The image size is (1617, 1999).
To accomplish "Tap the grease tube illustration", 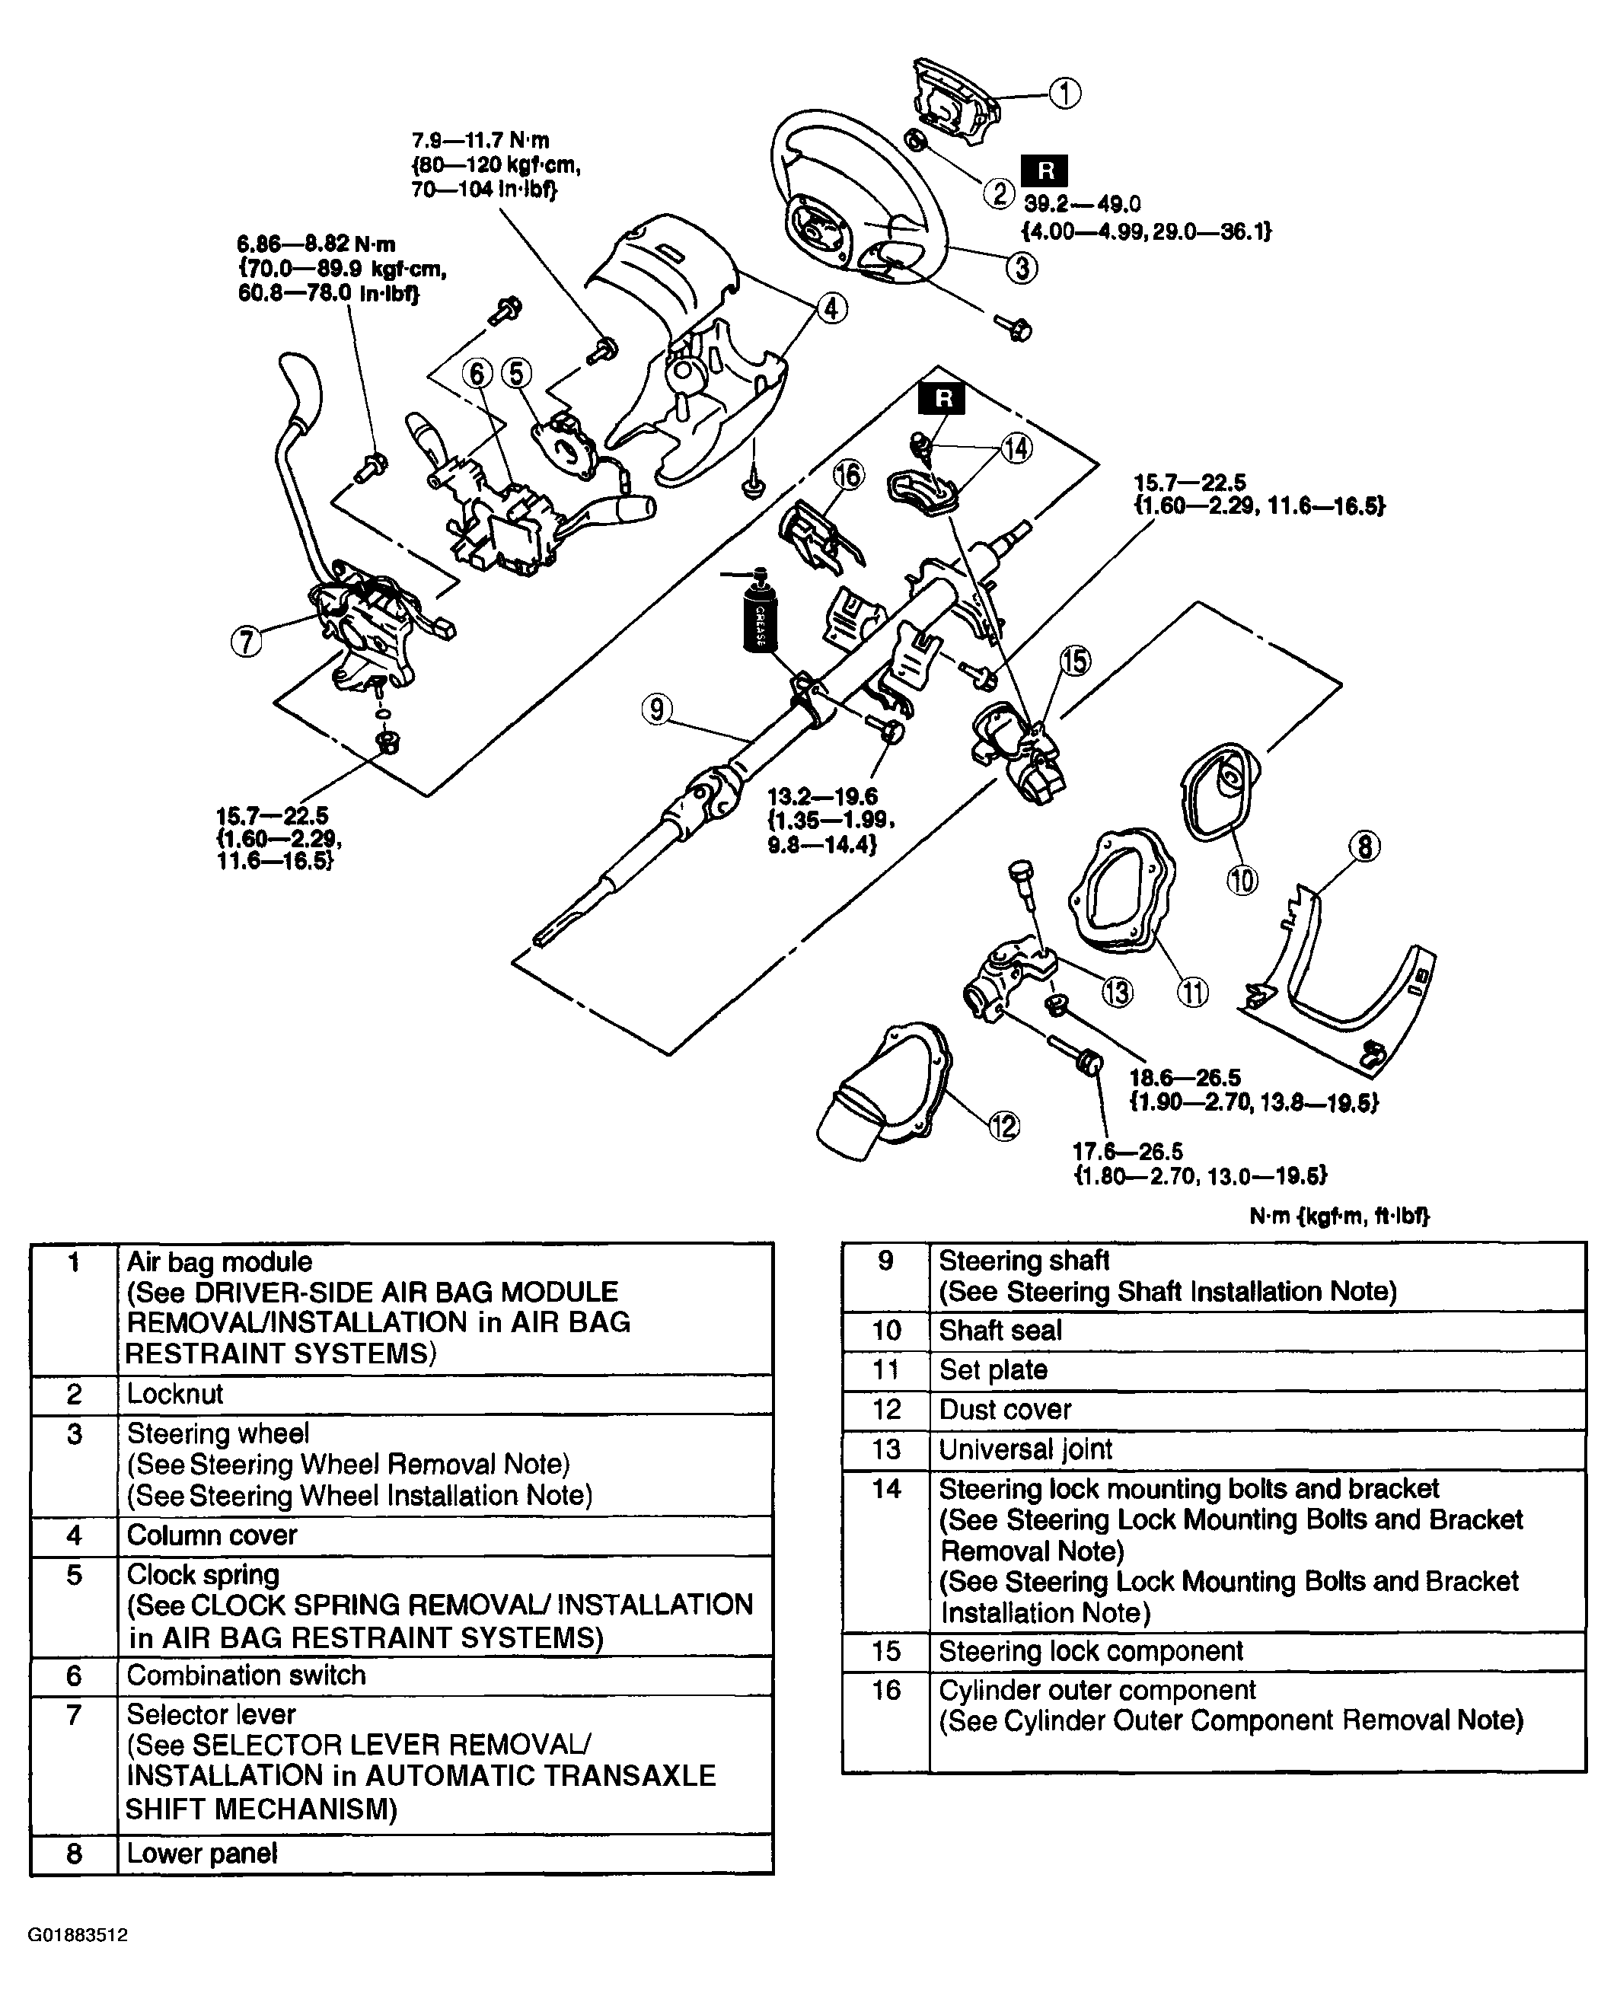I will (758, 616).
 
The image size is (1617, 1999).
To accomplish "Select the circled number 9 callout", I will (657, 709).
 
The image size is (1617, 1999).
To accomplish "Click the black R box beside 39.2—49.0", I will (1045, 171).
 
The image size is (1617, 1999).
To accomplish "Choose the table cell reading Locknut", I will (175, 1394).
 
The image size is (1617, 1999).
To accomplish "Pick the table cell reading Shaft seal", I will (1000, 1330).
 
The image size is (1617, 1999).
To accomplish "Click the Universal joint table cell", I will (1025, 1449).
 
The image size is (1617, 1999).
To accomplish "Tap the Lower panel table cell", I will (203, 1853).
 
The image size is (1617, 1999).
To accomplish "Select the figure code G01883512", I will (78, 1935).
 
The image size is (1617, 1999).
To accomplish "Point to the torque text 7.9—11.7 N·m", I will (480, 141).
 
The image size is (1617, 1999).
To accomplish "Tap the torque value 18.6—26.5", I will (1185, 1078).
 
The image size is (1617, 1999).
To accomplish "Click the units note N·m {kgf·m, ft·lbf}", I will (1338, 1216).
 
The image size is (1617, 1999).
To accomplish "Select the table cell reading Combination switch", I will (246, 1675).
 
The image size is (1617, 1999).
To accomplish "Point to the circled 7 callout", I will (246, 642).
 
